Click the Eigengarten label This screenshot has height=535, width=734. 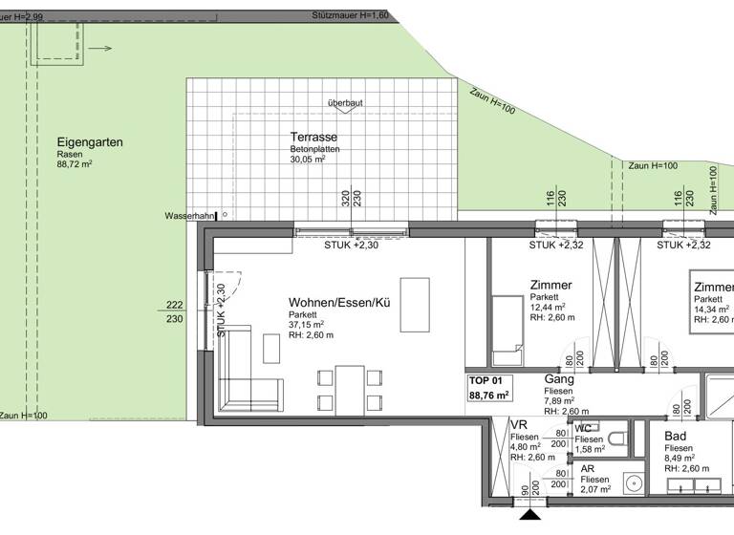click(x=90, y=142)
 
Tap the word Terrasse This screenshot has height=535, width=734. click(x=313, y=139)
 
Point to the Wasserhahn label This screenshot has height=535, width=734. click(x=189, y=216)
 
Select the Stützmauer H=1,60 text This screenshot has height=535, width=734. click(x=350, y=16)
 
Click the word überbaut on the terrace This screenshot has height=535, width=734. click(x=345, y=102)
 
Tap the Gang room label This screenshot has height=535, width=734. click(x=558, y=379)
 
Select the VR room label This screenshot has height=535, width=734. click(x=520, y=425)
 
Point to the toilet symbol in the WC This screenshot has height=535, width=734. click(x=618, y=439)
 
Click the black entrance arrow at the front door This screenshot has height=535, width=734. click(x=528, y=520)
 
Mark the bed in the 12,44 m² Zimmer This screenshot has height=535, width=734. click(x=506, y=330)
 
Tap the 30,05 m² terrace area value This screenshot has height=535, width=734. click(x=309, y=160)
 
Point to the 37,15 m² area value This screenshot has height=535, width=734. click(x=307, y=325)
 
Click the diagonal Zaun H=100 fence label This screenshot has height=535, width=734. click(x=492, y=101)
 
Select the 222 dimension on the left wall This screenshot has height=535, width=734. click(x=174, y=305)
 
